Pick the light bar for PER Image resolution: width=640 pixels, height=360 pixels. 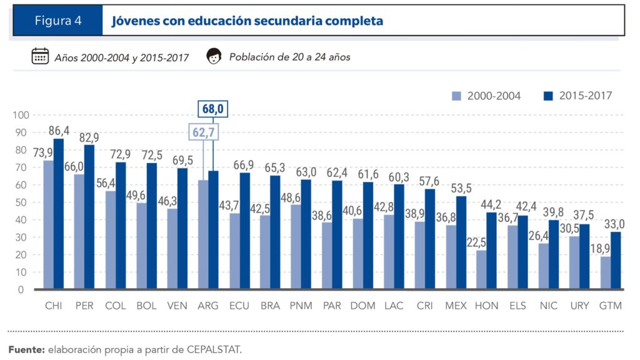(x=79, y=232)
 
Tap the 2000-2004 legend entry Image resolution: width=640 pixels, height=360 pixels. (x=486, y=96)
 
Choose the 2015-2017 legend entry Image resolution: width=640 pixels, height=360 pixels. (x=577, y=96)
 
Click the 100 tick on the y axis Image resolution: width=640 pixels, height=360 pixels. (x=21, y=115)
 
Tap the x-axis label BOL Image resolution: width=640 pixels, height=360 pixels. (x=146, y=306)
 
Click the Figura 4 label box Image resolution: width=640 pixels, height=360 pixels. (x=57, y=21)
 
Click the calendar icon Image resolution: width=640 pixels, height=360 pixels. (x=40, y=56)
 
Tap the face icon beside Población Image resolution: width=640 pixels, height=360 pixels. (x=214, y=56)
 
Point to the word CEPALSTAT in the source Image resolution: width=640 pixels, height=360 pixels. (x=214, y=349)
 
